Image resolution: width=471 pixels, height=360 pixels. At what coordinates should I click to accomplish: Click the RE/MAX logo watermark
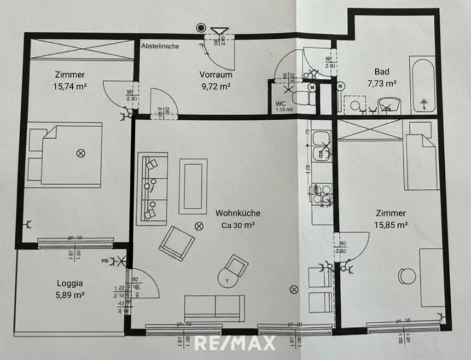(x=235, y=343)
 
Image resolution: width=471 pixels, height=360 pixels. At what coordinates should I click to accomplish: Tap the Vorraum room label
(x=215, y=74)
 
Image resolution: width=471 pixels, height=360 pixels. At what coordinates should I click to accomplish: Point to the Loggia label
(x=70, y=284)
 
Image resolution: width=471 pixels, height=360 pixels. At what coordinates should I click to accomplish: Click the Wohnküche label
(x=238, y=213)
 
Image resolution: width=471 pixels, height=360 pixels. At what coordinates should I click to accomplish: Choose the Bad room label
(x=382, y=72)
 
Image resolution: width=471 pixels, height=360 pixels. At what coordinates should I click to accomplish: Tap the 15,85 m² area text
(x=392, y=225)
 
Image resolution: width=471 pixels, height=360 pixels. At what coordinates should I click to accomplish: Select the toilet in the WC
(x=304, y=98)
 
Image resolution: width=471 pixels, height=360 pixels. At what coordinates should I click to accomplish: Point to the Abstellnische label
(x=161, y=46)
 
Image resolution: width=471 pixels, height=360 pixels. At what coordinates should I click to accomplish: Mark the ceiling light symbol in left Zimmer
(x=81, y=153)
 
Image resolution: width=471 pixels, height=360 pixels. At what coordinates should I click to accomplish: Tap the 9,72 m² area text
(x=215, y=86)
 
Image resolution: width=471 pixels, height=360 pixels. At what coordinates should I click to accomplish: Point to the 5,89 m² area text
(x=70, y=295)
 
